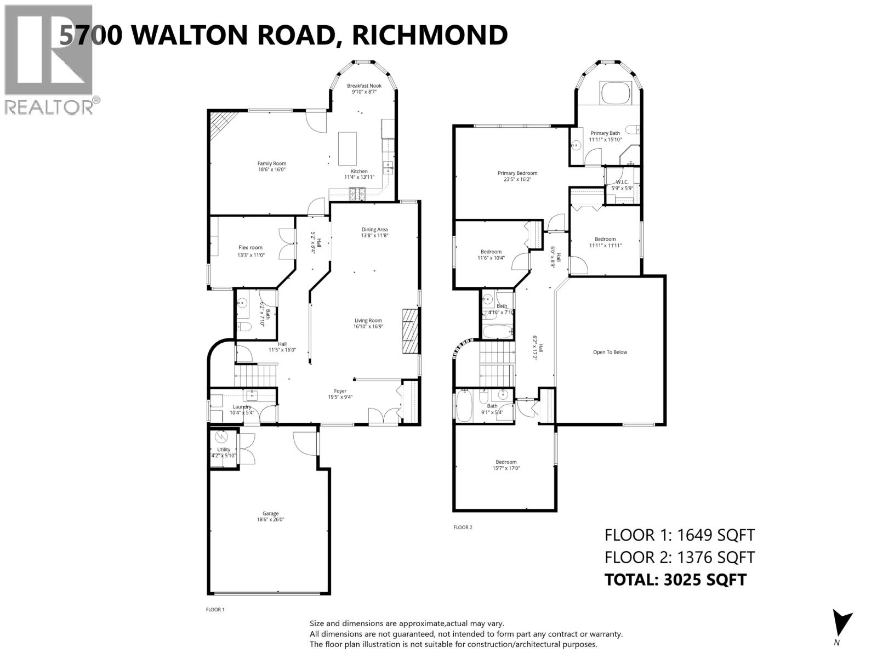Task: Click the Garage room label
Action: pos(270,514)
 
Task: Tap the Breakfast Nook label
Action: pos(364,86)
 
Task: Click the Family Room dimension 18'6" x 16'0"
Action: pos(272,170)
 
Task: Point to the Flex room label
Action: pos(250,247)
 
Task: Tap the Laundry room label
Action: pos(241,407)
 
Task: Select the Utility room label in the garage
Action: pos(224,450)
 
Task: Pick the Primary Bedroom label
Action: pos(517,173)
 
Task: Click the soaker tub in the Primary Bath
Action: pos(617,93)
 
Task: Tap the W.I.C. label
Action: pos(622,182)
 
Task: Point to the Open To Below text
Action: pos(610,352)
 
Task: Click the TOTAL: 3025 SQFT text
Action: pos(675,580)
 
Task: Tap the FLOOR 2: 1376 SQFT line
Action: pos(679,557)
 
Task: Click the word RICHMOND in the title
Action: pos(429,35)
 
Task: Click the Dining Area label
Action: pos(374,229)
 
